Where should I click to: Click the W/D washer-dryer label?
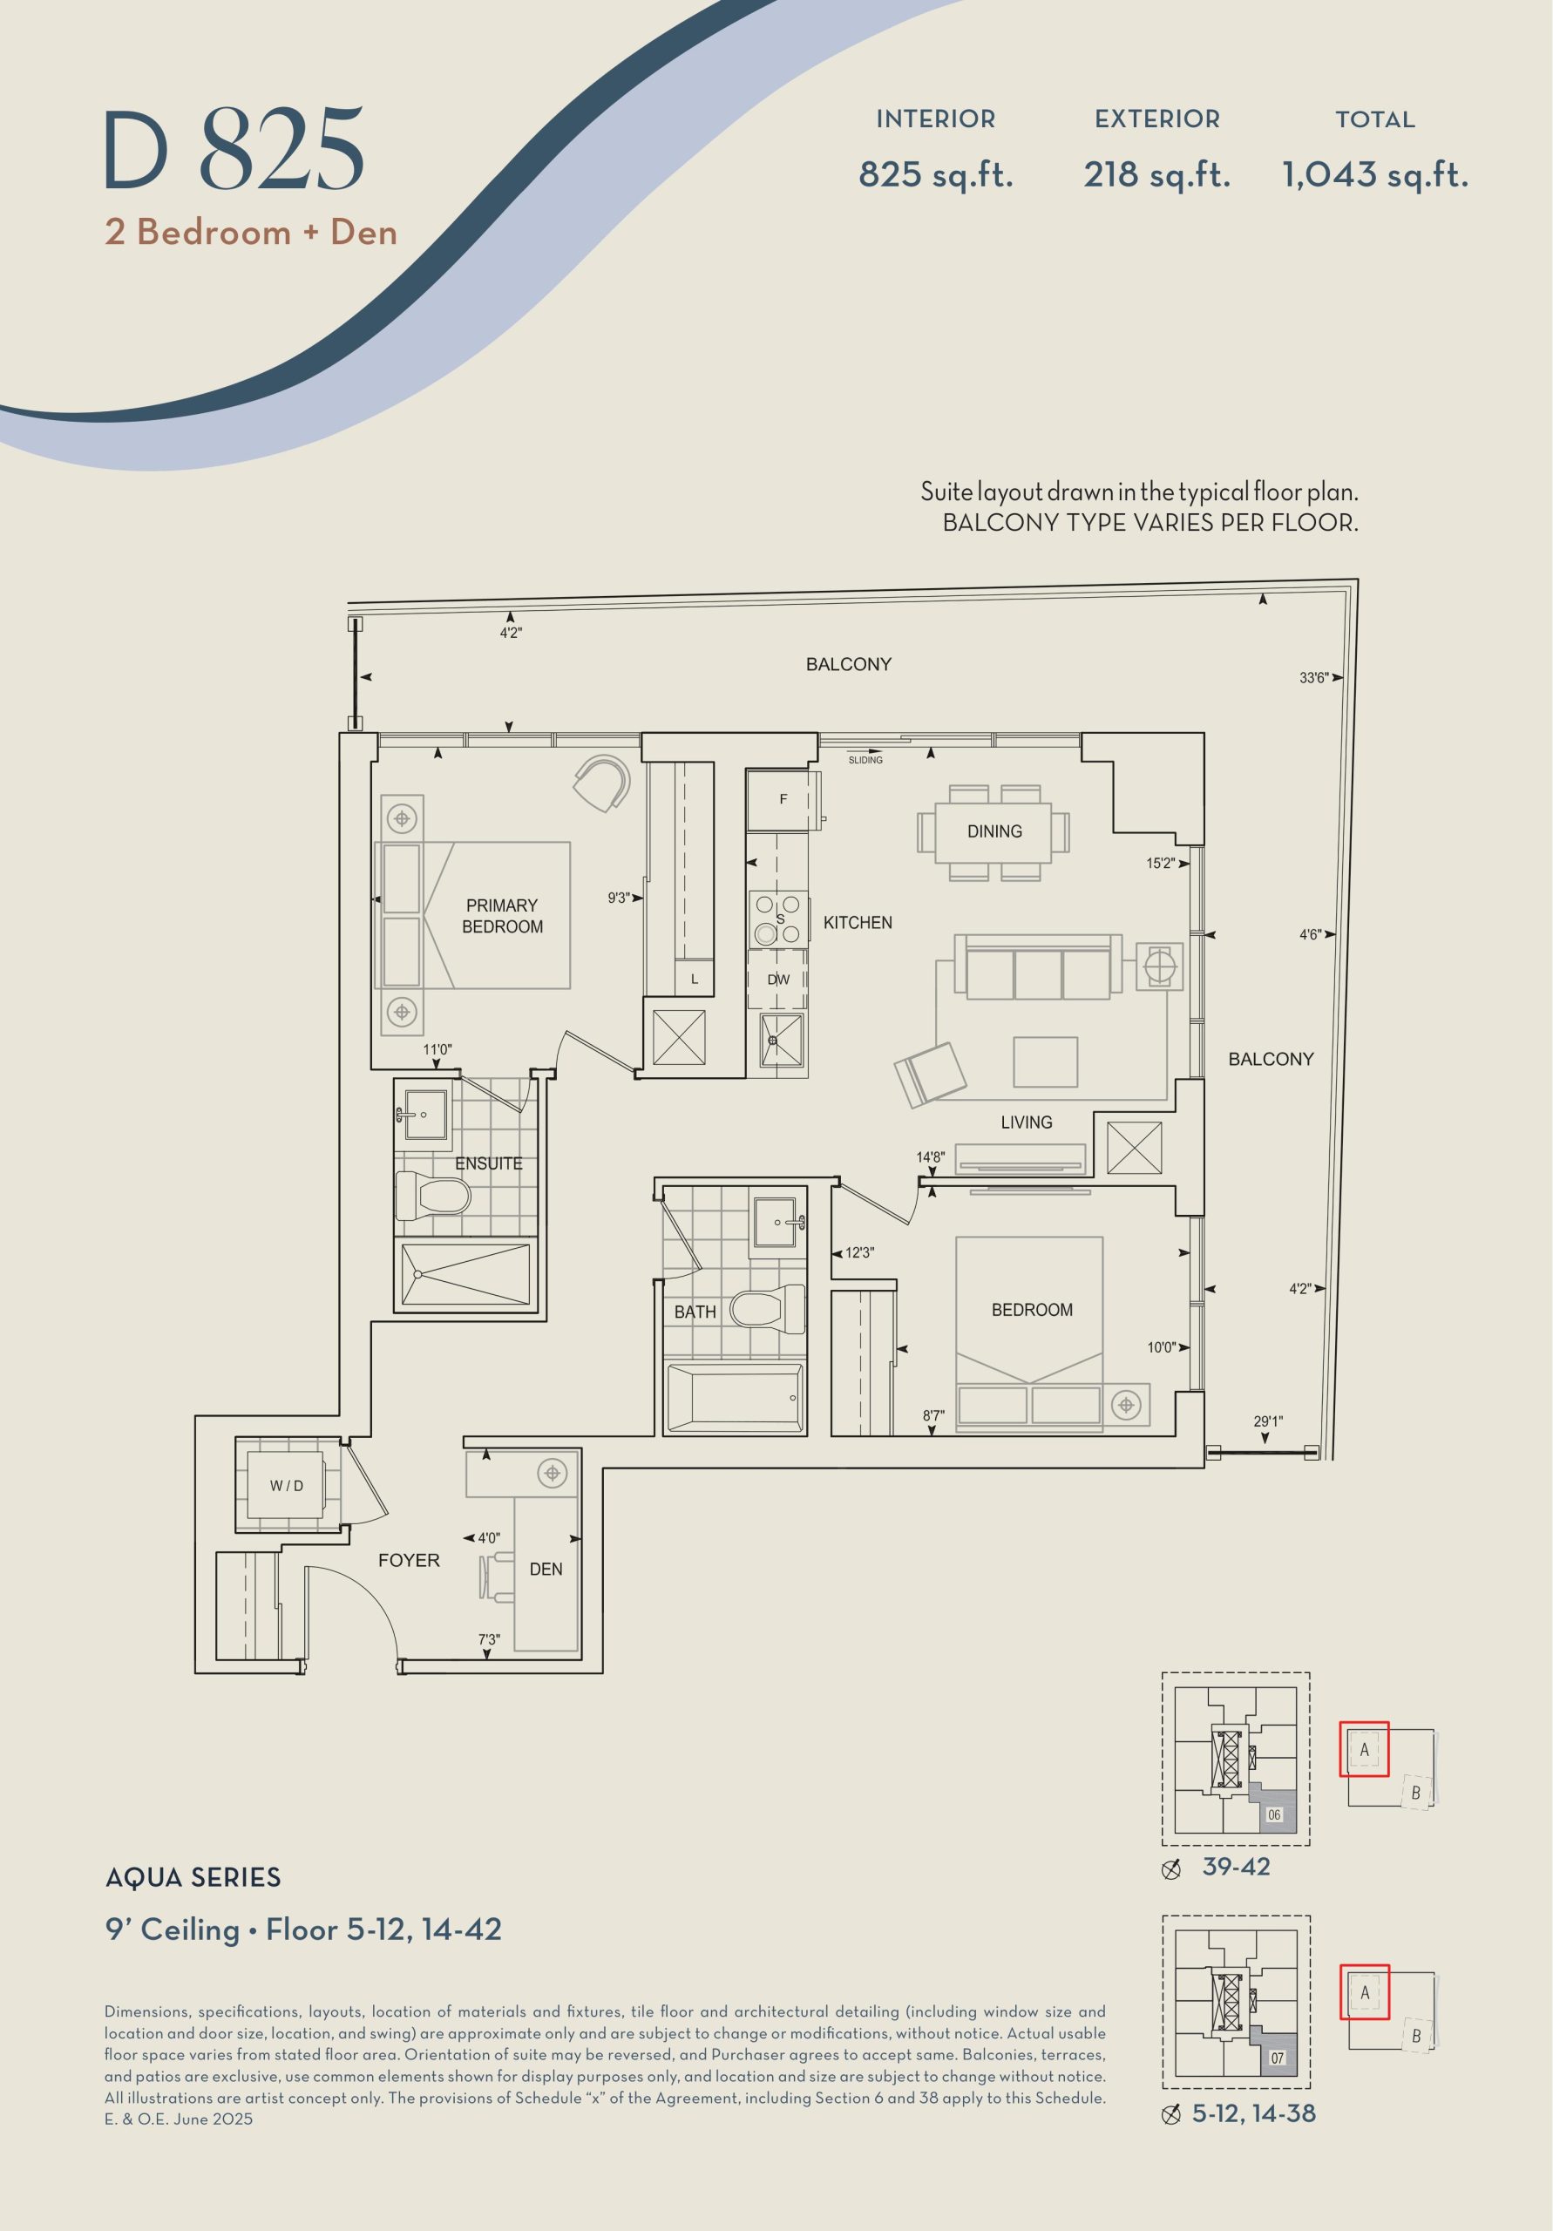pyautogui.click(x=287, y=1486)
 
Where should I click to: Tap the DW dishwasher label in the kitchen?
pyautogui.click(x=778, y=980)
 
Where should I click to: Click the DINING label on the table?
pyautogui.click(x=994, y=831)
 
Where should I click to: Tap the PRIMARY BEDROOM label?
pyautogui.click(x=503, y=915)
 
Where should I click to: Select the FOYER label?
pyautogui.click(x=409, y=1560)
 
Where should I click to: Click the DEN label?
pyautogui.click(x=546, y=1569)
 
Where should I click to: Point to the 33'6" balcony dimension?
pyautogui.click(x=1313, y=677)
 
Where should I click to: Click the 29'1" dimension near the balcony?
pyautogui.click(x=1267, y=1421)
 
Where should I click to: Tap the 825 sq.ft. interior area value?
pyautogui.click(x=936, y=175)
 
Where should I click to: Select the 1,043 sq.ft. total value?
pyautogui.click(x=1375, y=175)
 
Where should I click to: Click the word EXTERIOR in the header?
pyautogui.click(x=1157, y=119)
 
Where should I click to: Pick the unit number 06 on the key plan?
pyautogui.click(x=1274, y=1814)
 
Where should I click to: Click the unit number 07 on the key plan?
pyautogui.click(x=1277, y=2057)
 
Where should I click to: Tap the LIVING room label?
pyautogui.click(x=1027, y=1122)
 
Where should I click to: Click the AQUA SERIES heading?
pyautogui.click(x=193, y=1876)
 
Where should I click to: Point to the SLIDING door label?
pyautogui.click(x=865, y=760)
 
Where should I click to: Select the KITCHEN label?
pyautogui.click(x=858, y=922)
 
